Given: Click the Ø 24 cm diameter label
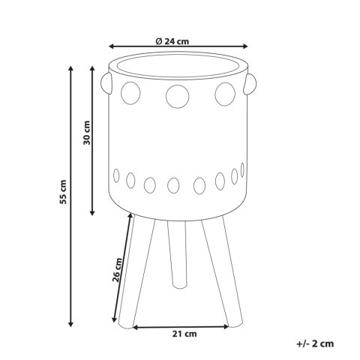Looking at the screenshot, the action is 172,41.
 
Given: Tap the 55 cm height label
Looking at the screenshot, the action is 63,192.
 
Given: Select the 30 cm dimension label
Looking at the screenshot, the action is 87,133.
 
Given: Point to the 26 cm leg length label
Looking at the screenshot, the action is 117,270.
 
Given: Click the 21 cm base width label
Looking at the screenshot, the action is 184,334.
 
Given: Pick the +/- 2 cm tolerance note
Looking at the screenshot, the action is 315,343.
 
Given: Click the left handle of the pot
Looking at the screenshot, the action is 106,83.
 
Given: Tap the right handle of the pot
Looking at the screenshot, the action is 250,84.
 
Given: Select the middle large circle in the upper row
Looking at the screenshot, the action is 178,97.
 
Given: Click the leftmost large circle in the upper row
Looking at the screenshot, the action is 130,93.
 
